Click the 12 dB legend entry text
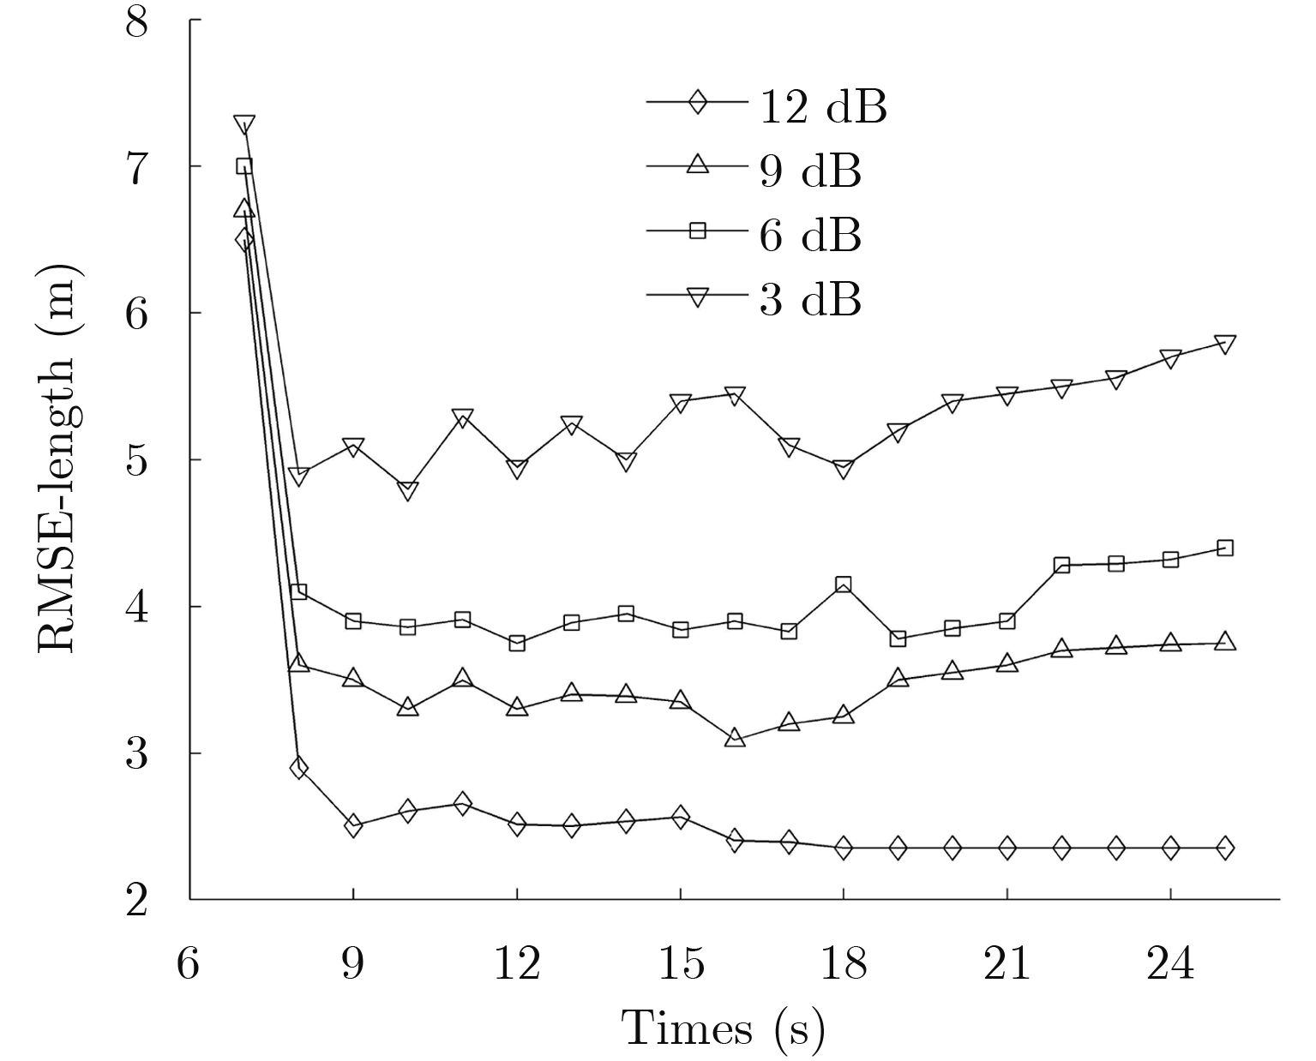coord(822,108)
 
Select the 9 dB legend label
coord(809,171)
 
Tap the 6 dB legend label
coord(809,235)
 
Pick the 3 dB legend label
coord(809,299)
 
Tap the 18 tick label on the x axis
coord(844,965)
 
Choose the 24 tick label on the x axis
coord(1170,965)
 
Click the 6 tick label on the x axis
coord(189,965)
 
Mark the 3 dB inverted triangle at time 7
coord(244,125)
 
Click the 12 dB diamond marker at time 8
coord(298,768)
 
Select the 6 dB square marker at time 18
coord(844,584)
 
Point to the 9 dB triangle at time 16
coord(735,737)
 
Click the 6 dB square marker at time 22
coord(1061,565)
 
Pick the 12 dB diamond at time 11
coord(462,803)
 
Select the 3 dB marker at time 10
coord(408,491)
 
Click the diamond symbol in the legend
coord(697,102)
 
